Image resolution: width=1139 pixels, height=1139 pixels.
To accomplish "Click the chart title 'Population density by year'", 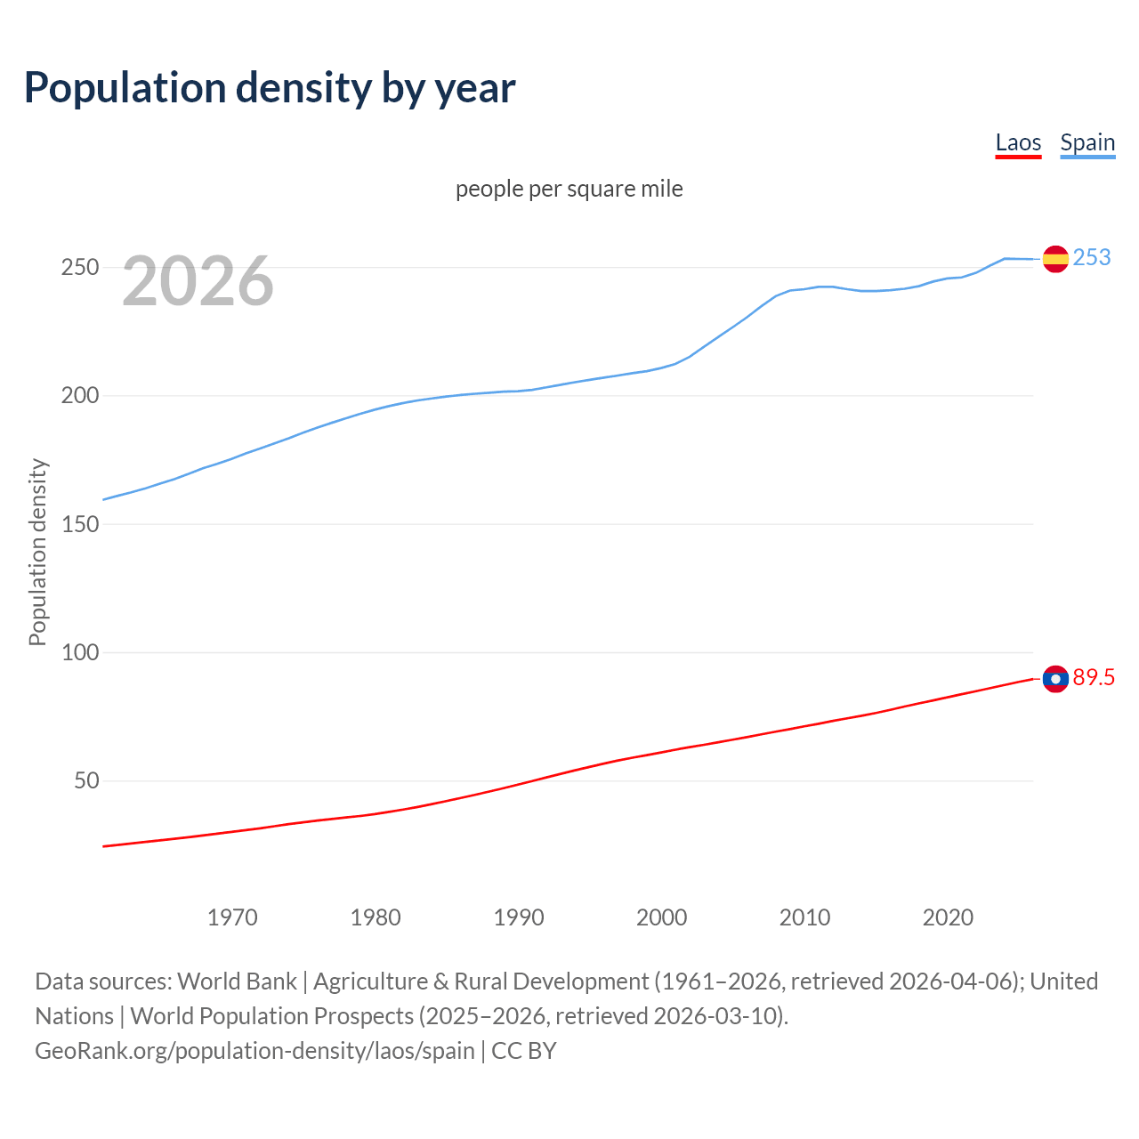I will pos(270,87).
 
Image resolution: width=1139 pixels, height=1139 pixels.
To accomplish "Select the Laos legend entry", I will pos(1018,143).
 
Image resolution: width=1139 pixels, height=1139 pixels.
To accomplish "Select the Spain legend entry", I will pos(1087,143).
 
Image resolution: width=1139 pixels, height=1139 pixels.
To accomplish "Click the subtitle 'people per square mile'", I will pos(569,189).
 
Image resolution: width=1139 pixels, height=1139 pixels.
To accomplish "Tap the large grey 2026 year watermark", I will pos(198,281).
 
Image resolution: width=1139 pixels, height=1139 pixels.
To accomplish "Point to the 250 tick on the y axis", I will pos(79,267).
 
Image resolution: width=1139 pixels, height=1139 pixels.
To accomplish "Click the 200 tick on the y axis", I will pos(79,396).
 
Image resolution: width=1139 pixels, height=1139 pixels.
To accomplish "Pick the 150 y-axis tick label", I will pos(79,524).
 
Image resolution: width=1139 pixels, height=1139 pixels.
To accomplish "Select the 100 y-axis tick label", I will pos(79,652).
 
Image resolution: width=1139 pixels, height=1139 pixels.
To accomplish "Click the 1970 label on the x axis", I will pos(232,917).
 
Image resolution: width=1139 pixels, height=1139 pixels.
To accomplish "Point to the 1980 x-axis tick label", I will pos(376,917).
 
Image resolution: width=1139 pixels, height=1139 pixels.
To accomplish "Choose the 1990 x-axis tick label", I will pos(519,917).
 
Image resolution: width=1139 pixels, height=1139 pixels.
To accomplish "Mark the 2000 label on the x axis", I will pos(662,917).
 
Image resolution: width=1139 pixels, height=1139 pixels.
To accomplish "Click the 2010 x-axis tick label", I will pos(805,917).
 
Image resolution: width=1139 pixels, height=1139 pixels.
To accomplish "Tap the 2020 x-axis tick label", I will pos(949,917).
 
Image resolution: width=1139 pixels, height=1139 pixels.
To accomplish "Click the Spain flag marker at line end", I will pos(1055,259).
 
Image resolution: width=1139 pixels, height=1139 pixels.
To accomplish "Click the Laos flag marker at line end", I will pos(1055,679).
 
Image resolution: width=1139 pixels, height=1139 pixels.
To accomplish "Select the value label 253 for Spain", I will pos(1092,258).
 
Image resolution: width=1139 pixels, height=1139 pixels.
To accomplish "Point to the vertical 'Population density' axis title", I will pos(37,552).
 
